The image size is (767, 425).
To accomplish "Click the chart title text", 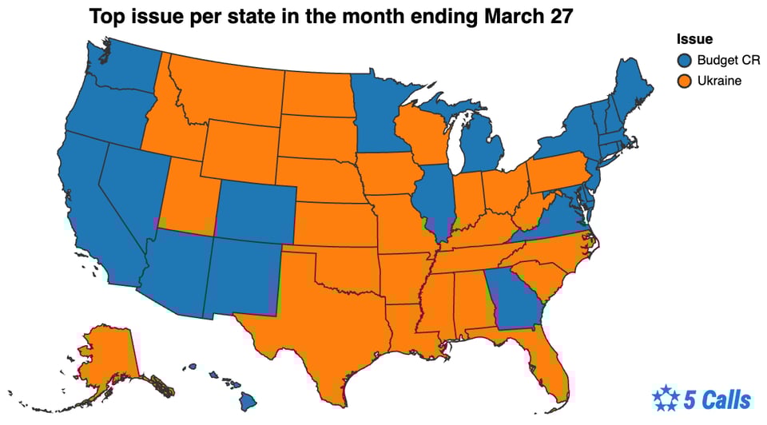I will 330,17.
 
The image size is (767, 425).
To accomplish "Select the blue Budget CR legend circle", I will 684,60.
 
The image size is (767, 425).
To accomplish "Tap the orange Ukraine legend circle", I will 684,81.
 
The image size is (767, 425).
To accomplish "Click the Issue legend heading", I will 694,39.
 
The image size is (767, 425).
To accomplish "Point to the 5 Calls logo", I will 701,399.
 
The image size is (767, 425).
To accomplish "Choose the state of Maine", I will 631,88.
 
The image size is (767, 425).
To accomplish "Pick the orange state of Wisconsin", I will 423,136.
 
